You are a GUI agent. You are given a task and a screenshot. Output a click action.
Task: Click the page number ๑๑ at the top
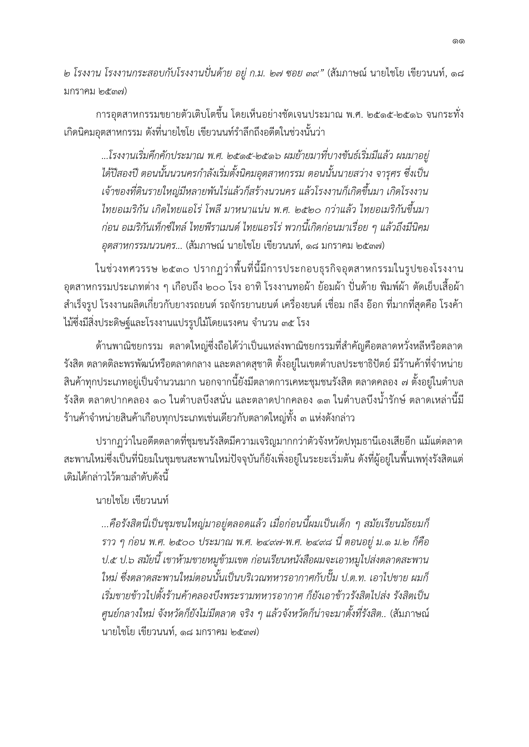coord(458,41)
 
